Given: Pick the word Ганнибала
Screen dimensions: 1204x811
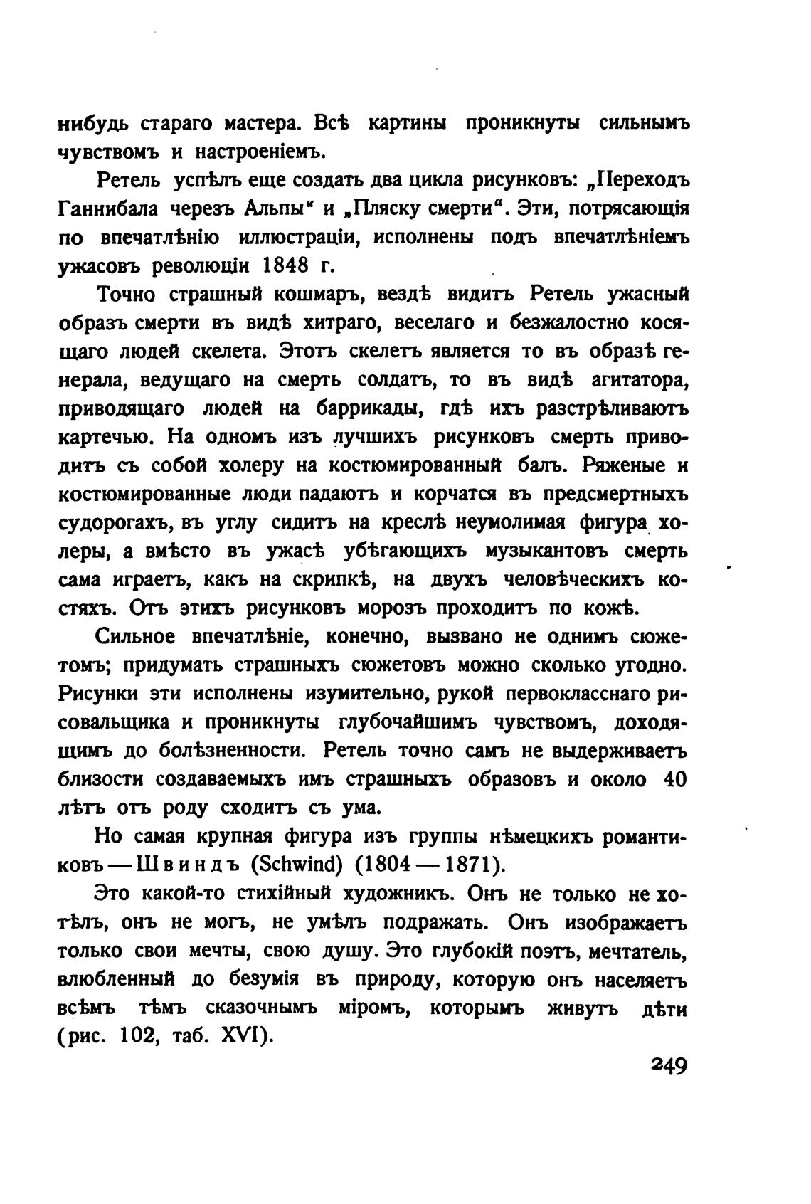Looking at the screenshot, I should [106, 209].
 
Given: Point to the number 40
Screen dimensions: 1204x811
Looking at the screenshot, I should [674, 780].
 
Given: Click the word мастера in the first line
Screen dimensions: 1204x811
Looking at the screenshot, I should [254, 124].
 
